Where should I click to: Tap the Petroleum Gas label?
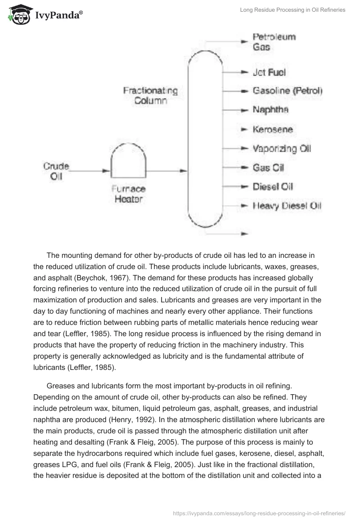pos(274,41)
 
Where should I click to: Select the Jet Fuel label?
pos(269,72)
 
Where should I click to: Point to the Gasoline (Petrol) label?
pos(288,91)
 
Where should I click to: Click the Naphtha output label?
pos(270,110)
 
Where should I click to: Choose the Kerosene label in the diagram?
pos(273,130)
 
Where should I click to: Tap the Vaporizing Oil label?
pos(282,148)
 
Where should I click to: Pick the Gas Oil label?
pos(268,168)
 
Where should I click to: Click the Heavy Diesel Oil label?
pos(287,206)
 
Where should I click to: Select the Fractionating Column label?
pos(150,95)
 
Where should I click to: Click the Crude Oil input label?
pos(56,171)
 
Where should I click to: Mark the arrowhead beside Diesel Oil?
pos(244,187)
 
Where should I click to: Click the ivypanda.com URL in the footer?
pos(259,513)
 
